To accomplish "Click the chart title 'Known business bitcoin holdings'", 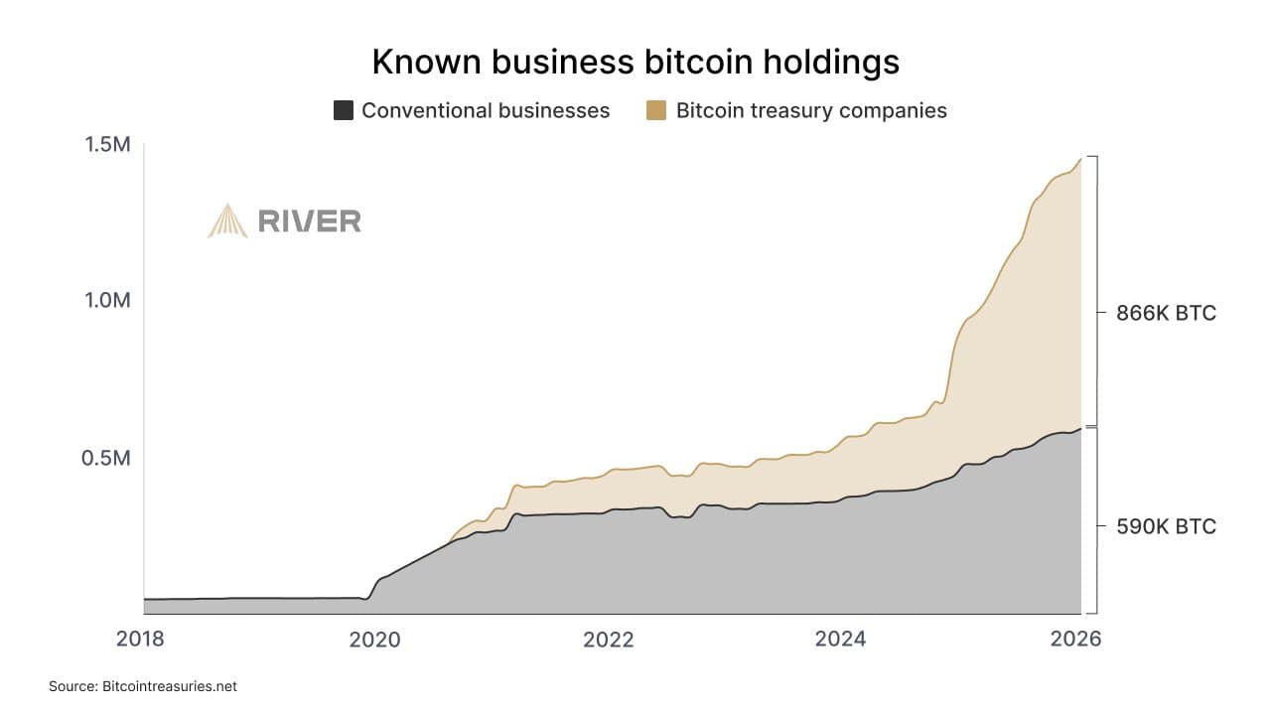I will pyautogui.click(x=635, y=62).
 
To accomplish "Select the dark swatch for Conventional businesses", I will pyautogui.click(x=344, y=110).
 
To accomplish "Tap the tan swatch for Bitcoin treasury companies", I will pyautogui.click(x=656, y=110).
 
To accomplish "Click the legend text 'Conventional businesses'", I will pyautogui.click(x=485, y=110).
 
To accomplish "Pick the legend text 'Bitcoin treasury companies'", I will pyautogui.click(x=810, y=110).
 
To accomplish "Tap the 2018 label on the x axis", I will pyautogui.click(x=142, y=639).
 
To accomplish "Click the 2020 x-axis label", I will pyautogui.click(x=374, y=639).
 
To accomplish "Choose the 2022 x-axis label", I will pyautogui.click(x=608, y=639).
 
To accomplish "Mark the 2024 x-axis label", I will pyautogui.click(x=840, y=639).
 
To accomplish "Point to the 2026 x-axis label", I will pyautogui.click(x=1075, y=639).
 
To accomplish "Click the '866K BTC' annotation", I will pyautogui.click(x=1166, y=313).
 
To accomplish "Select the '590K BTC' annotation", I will pyautogui.click(x=1166, y=526).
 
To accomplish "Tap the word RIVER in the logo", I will pyautogui.click(x=309, y=221).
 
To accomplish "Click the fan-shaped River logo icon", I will pyautogui.click(x=227, y=220).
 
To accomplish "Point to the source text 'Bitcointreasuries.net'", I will pyautogui.click(x=169, y=686).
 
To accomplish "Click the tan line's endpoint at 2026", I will pyautogui.click(x=1080, y=159).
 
